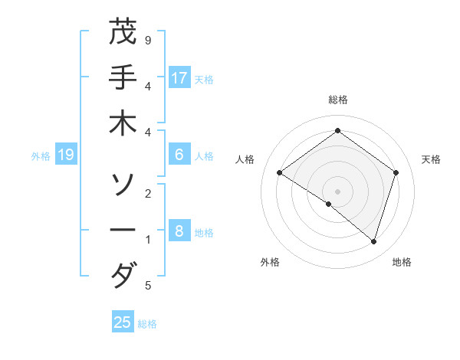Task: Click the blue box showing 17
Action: click(x=179, y=78)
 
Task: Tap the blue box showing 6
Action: click(x=179, y=155)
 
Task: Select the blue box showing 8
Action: click(x=179, y=231)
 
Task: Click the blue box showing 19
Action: click(x=66, y=155)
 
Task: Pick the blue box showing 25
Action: click(x=123, y=322)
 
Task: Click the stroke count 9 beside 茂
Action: click(x=148, y=40)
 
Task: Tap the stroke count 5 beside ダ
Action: click(x=148, y=286)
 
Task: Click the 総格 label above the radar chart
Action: click(x=337, y=100)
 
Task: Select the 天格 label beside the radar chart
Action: click(x=431, y=159)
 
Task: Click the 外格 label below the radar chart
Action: click(x=270, y=262)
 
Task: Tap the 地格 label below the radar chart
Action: click(x=402, y=262)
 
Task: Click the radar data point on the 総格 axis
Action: click(x=337, y=130)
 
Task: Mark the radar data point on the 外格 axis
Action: click(x=329, y=204)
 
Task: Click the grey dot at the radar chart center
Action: click(x=337, y=191)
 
